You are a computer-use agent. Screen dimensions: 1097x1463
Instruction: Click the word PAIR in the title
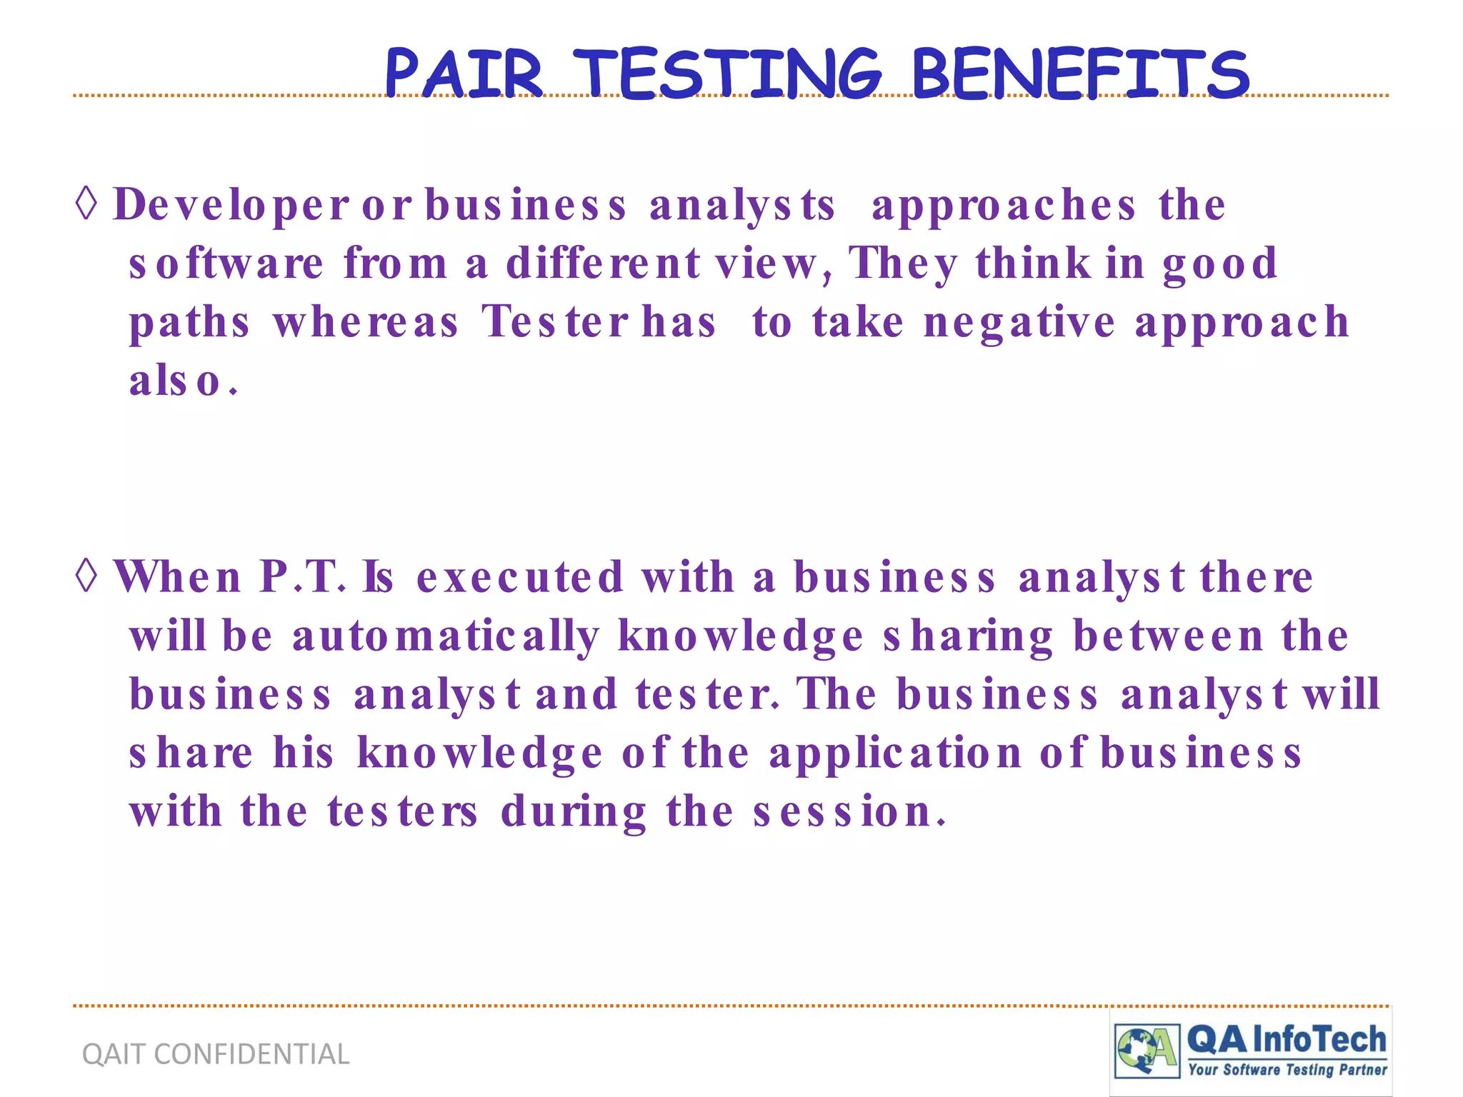tap(464, 73)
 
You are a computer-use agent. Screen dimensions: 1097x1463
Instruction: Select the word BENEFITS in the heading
tap(1080, 73)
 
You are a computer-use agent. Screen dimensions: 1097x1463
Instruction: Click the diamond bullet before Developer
tap(86, 204)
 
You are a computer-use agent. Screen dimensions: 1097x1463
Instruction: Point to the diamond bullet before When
tap(86, 576)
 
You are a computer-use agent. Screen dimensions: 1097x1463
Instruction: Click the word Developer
tap(231, 206)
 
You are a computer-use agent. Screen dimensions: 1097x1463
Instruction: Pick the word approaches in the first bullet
tap(1003, 206)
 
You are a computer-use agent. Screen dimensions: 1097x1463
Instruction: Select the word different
tap(603, 263)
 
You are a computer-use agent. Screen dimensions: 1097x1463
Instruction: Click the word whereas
tap(365, 321)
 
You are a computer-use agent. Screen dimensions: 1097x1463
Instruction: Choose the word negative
tap(1019, 323)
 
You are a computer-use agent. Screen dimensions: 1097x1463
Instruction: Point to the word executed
tap(520, 577)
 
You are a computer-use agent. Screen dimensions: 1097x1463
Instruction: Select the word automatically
tap(446, 636)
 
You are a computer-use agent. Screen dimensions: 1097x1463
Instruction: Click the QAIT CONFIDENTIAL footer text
tap(216, 1054)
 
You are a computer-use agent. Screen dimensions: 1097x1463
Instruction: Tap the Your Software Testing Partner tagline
tap(1287, 1070)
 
